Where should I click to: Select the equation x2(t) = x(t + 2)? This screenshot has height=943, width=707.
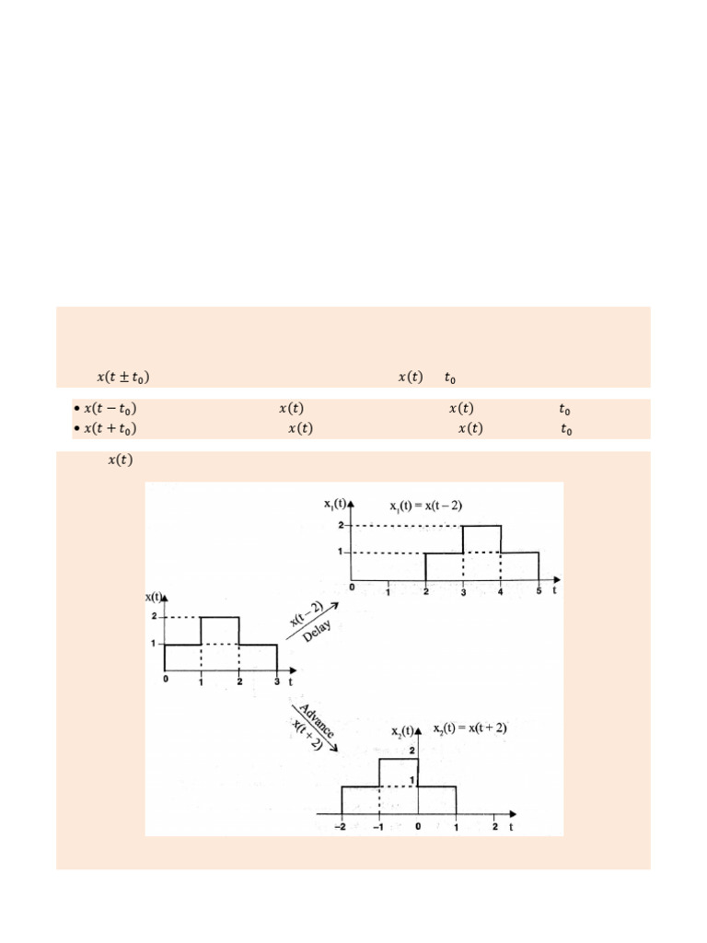click(x=469, y=728)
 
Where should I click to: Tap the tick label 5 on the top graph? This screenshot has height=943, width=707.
click(x=539, y=591)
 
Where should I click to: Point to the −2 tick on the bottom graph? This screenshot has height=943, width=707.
click(x=341, y=826)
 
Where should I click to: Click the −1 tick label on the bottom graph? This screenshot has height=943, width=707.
click(x=378, y=826)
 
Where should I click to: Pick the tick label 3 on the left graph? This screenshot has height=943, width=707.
click(x=277, y=682)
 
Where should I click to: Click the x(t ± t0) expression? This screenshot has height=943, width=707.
click(x=123, y=377)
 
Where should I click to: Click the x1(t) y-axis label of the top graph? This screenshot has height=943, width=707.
click(x=335, y=503)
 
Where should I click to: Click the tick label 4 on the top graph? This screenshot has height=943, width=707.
click(x=501, y=591)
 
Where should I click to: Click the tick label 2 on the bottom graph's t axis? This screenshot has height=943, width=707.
click(x=493, y=826)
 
